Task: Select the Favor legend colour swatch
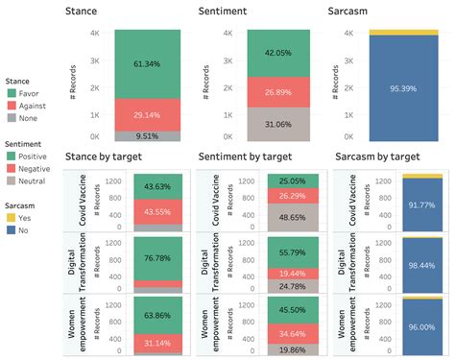click(12, 94)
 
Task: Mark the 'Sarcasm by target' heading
click(377, 156)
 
